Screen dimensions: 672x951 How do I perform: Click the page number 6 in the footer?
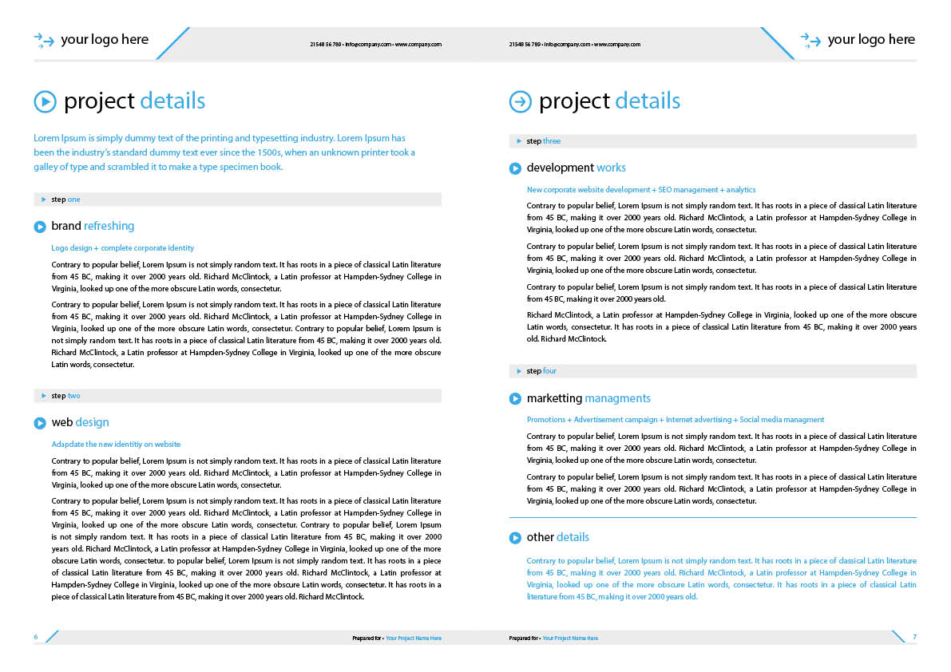click(36, 637)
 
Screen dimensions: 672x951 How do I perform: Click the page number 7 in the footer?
click(914, 637)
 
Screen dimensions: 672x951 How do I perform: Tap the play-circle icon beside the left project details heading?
click(45, 101)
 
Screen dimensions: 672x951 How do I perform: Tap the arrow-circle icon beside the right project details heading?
click(520, 101)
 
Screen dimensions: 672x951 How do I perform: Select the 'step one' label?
click(65, 200)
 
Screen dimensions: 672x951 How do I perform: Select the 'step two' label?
click(65, 396)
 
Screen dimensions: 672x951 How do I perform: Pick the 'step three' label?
click(543, 141)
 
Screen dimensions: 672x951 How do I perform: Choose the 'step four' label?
click(541, 371)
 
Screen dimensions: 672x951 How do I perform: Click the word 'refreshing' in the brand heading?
click(109, 226)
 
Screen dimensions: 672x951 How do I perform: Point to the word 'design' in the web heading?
click(92, 422)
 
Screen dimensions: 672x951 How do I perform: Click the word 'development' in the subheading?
click(560, 168)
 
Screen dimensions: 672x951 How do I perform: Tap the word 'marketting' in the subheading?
click(554, 398)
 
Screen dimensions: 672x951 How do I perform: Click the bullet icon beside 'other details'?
click(515, 538)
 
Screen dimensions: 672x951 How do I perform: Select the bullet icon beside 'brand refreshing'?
click(40, 227)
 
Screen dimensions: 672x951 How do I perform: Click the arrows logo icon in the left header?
click(44, 40)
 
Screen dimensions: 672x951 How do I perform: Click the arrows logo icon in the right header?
click(810, 40)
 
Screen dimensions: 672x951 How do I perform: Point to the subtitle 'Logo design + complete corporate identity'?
click(123, 248)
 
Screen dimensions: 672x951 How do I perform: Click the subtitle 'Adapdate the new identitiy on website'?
click(116, 445)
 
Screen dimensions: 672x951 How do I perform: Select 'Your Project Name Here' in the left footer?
click(414, 638)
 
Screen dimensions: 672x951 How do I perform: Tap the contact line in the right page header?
click(574, 45)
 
